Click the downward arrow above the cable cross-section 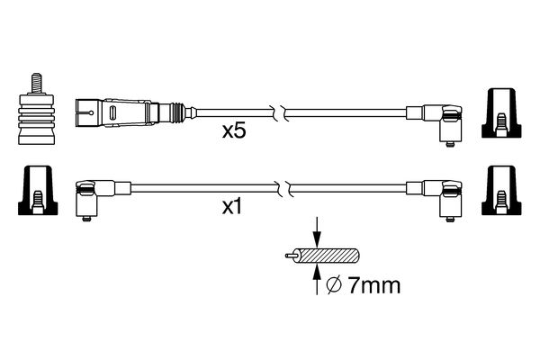tap(316, 231)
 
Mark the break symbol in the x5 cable tap(283, 113)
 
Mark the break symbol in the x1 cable tap(283, 189)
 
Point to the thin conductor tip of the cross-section tap(287, 256)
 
